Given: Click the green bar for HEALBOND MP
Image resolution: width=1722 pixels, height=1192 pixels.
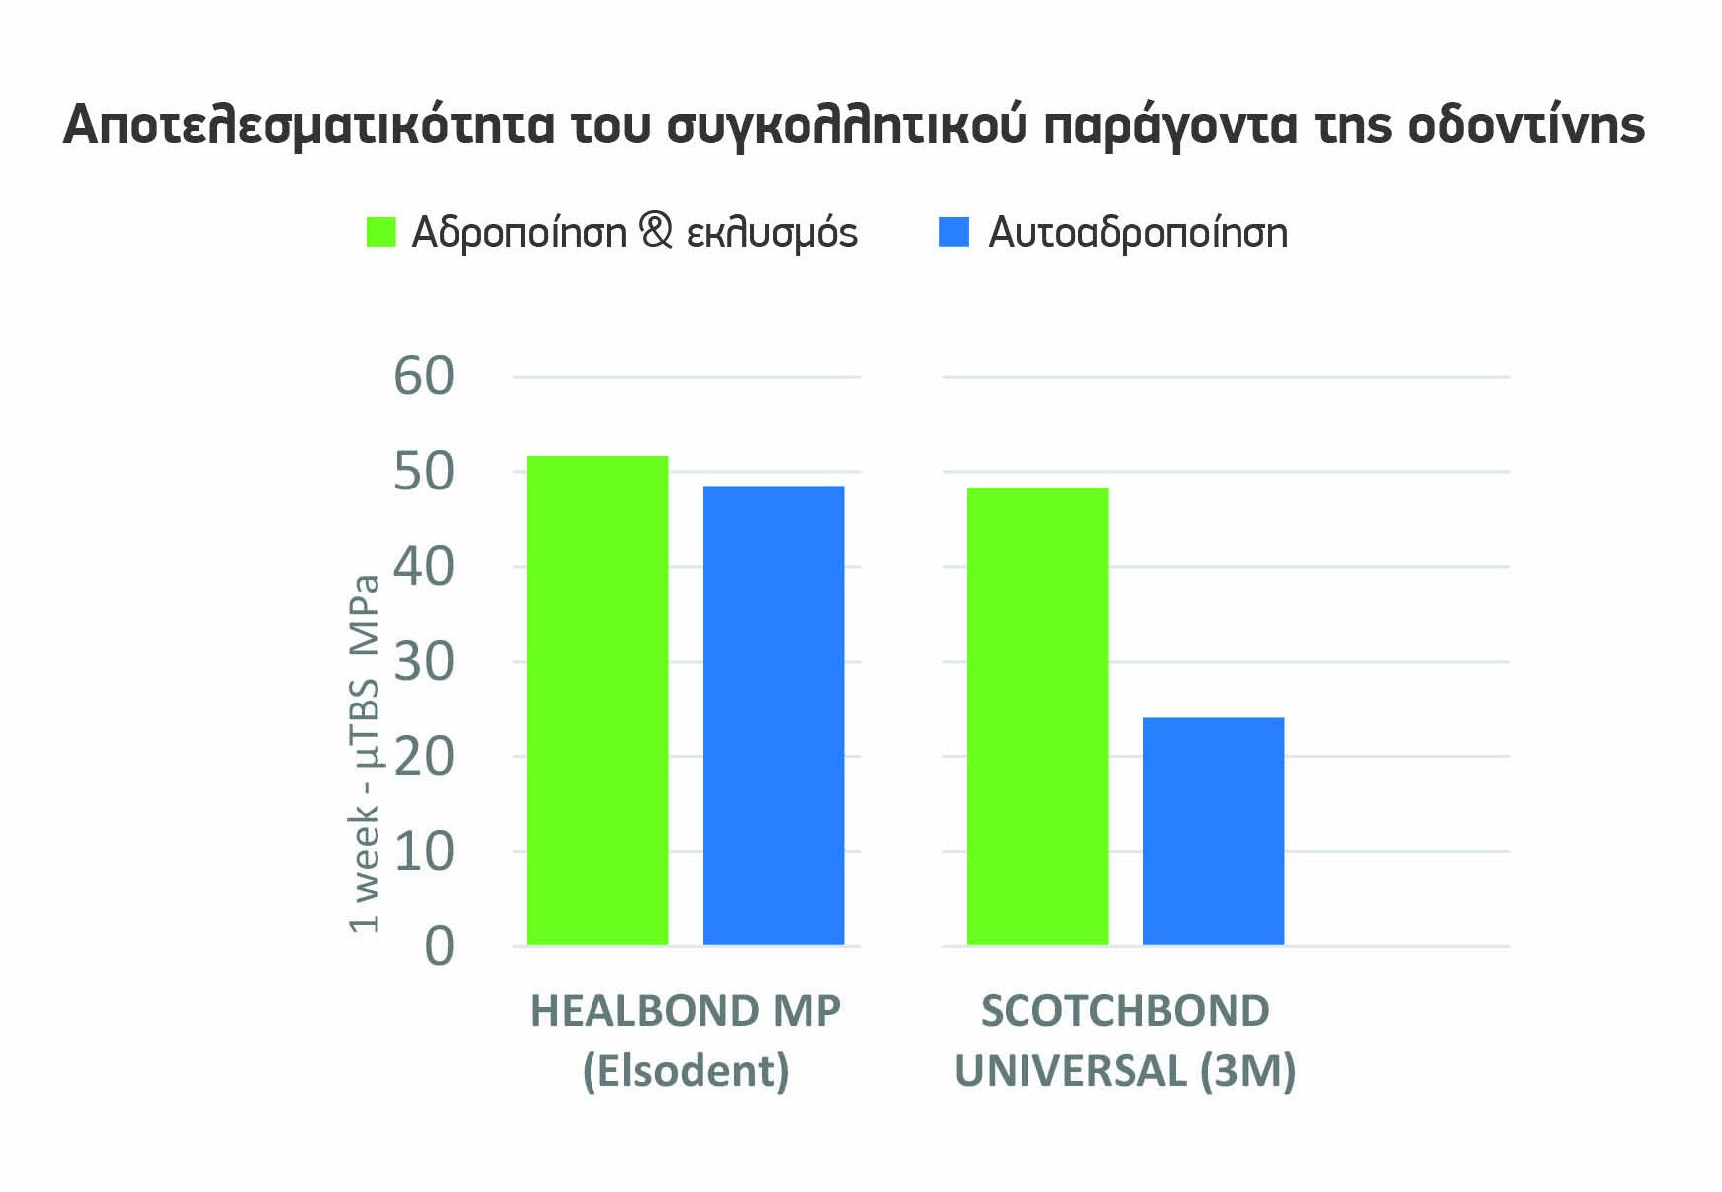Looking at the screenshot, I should click(597, 700).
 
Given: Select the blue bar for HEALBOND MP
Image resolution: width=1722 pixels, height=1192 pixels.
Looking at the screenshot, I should click(774, 714).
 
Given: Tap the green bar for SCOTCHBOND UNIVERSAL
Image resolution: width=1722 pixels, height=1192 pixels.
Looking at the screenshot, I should click(1037, 715).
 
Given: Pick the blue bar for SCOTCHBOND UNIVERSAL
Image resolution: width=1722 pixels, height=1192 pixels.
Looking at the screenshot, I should click(1214, 830).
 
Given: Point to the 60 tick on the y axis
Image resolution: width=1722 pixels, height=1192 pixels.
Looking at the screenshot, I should click(424, 377).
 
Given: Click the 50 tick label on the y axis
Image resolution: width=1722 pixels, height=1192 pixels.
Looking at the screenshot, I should click(424, 472).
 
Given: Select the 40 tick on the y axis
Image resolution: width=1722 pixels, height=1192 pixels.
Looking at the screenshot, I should click(424, 567).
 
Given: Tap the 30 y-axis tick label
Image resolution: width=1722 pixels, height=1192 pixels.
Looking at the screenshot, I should click(424, 662).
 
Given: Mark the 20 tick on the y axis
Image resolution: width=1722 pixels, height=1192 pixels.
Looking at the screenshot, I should click(424, 757).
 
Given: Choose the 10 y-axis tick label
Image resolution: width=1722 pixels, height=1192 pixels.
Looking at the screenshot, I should click(424, 852).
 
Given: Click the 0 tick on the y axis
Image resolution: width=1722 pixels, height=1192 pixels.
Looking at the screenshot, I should click(439, 947).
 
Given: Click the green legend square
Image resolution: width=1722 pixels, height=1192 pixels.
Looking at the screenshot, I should click(381, 232).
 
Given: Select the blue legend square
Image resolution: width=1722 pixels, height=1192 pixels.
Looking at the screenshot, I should click(953, 232).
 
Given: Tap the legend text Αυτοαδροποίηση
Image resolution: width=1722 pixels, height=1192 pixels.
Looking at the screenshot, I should click(1138, 233).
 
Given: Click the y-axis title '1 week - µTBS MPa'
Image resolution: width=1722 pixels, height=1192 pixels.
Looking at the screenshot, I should click(365, 753).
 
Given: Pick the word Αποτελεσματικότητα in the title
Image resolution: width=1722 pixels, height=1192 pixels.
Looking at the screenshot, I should click(308, 125).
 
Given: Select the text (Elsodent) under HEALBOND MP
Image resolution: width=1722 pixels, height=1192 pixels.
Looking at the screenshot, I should click(686, 1071).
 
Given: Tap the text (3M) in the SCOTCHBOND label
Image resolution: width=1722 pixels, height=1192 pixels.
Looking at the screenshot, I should click(1247, 1071).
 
